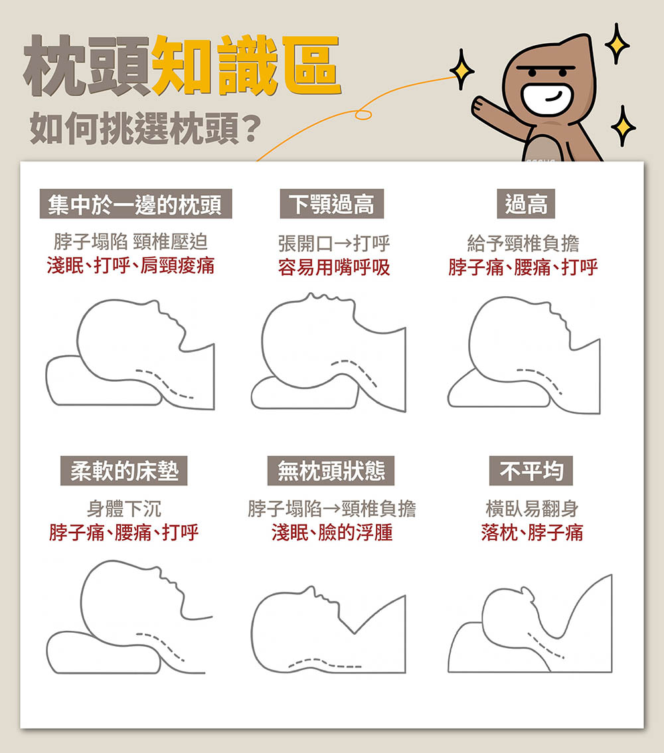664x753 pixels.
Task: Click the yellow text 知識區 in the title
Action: point(246,65)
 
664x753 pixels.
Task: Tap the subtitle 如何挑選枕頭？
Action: point(145,128)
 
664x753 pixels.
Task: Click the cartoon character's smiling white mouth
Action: point(547,98)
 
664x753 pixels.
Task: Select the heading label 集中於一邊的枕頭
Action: point(135,204)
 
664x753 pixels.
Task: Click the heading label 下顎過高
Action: point(332,204)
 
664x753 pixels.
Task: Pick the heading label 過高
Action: point(526,204)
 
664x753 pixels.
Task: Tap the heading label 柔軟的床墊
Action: point(124,471)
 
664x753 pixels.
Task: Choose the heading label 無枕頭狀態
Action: point(331,471)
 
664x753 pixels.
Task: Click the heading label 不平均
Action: point(531,471)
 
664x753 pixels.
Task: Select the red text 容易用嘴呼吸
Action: point(334,268)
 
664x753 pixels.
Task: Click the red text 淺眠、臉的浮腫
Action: point(332,533)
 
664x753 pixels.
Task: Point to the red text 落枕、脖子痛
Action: point(532,533)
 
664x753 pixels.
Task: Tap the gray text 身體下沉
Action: point(124,509)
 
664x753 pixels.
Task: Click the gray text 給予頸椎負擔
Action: point(523,244)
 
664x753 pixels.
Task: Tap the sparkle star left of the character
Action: point(462,70)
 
